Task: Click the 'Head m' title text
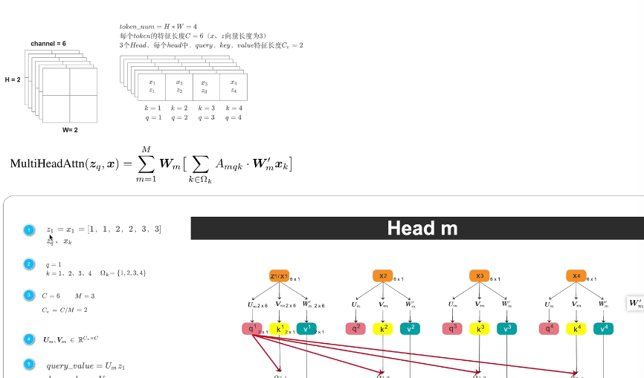tap(422, 228)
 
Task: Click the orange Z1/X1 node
tap(279, 276)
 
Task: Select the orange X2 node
tap(382, 276)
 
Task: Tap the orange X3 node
tap(480, 276)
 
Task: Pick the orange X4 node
tap(576, 276)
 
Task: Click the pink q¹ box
tap(251, 328)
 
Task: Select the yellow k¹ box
tap(279, 328)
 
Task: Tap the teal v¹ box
tap(306, 328)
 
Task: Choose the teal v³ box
tap(506, 328)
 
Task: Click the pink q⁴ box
tap(549, 328)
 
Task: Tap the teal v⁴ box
tap(603, 328)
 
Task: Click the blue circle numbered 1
tap(29, 231)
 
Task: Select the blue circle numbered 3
tap(29, 296)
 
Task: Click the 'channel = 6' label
tap(48, 45)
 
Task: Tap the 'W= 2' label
tap(70, 130)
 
